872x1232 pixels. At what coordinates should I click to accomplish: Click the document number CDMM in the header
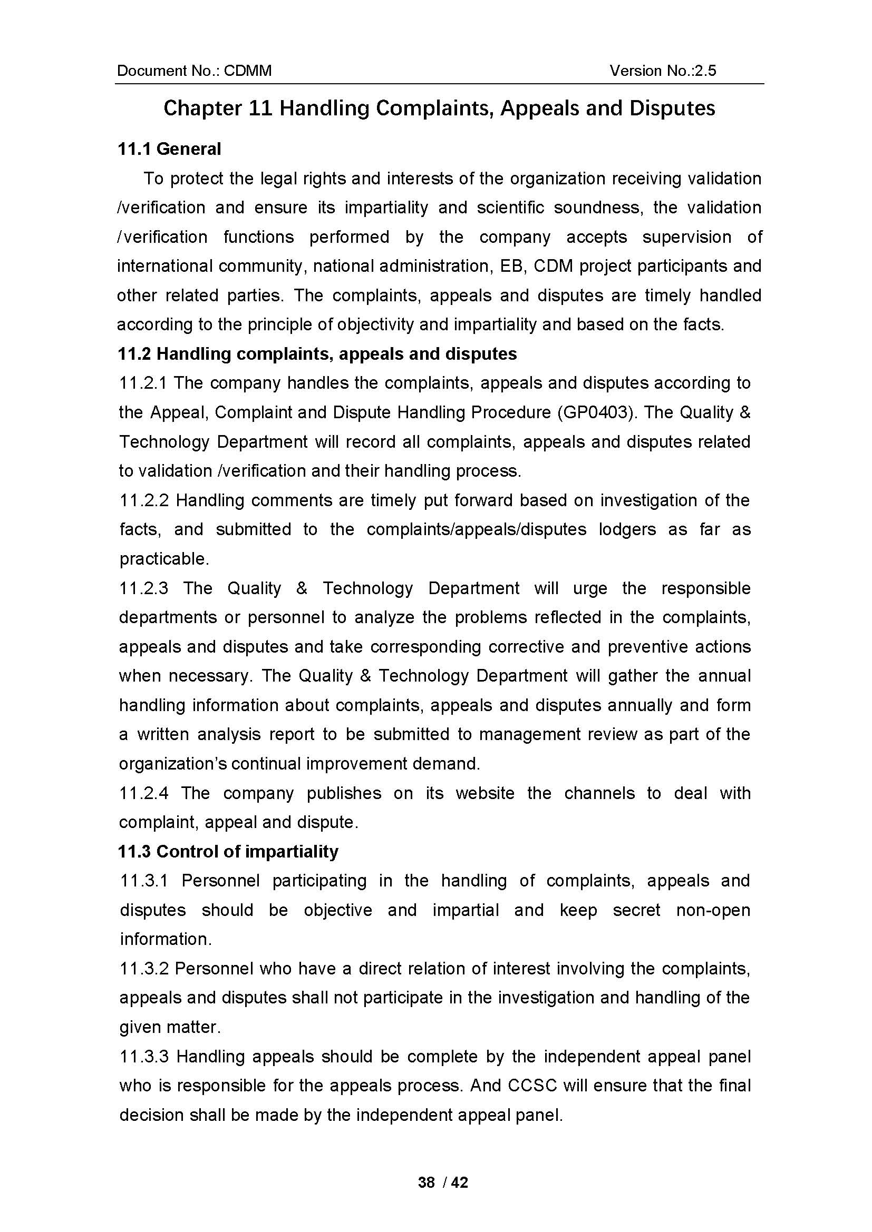pos(248,71)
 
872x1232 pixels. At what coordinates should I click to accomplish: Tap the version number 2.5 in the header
pos(705,71)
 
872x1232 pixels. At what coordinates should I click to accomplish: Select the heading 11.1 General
pos(169,149)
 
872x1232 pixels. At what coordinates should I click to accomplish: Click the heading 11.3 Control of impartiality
pos(228,852)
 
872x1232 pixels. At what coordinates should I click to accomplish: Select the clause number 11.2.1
pos(143,383)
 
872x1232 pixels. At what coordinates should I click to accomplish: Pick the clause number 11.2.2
pos(144,500)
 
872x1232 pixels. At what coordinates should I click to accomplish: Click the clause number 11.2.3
pos(144,588)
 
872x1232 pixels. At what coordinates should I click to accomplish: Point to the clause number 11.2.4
pos(144,793)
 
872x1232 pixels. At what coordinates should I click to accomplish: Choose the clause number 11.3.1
pos(144,881)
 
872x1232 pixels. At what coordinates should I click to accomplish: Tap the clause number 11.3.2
pos(144,969)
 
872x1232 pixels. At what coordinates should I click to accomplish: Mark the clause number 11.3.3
pos(144,1057)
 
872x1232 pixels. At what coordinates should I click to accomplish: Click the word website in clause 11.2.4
pos(485,793)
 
